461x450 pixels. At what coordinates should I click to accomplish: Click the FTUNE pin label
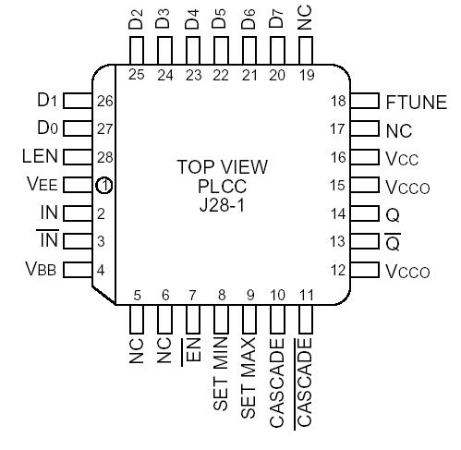416,102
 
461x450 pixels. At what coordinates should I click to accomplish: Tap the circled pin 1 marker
104,186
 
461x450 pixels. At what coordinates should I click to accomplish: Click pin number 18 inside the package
339,102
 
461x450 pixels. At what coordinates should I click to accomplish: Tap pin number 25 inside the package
137,76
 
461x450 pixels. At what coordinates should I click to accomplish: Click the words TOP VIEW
222,167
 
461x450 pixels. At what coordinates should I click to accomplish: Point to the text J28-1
222,202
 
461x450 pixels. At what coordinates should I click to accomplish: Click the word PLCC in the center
222,185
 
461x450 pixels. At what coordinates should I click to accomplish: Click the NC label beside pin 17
398,129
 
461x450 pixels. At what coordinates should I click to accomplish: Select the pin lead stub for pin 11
306,322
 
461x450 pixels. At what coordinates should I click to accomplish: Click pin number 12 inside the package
339,271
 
